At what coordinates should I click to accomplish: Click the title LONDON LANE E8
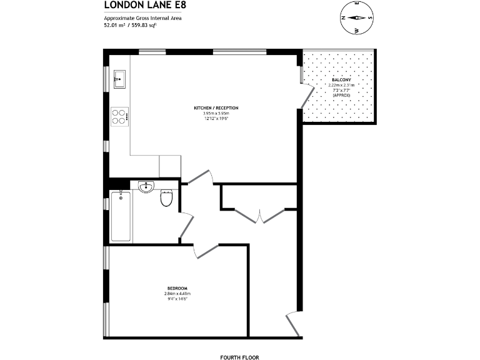point(144,6)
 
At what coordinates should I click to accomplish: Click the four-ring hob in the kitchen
point(119,116)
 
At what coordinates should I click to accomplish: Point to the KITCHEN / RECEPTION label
point(216,108)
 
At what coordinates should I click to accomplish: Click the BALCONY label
point(341,80)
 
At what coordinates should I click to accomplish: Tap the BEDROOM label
point(177,287)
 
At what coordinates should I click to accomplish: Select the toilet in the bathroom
point(166,197)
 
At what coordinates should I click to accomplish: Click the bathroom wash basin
point(146,186)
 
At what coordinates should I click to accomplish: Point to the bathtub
point(121,216)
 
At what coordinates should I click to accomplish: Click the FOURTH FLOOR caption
point(239,357)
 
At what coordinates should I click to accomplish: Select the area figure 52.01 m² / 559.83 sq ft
point(138,25)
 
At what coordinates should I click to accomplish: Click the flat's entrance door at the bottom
point(292,322)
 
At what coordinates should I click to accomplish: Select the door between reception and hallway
point(201,177)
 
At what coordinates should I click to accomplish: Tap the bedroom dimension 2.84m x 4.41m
point(177,293)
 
